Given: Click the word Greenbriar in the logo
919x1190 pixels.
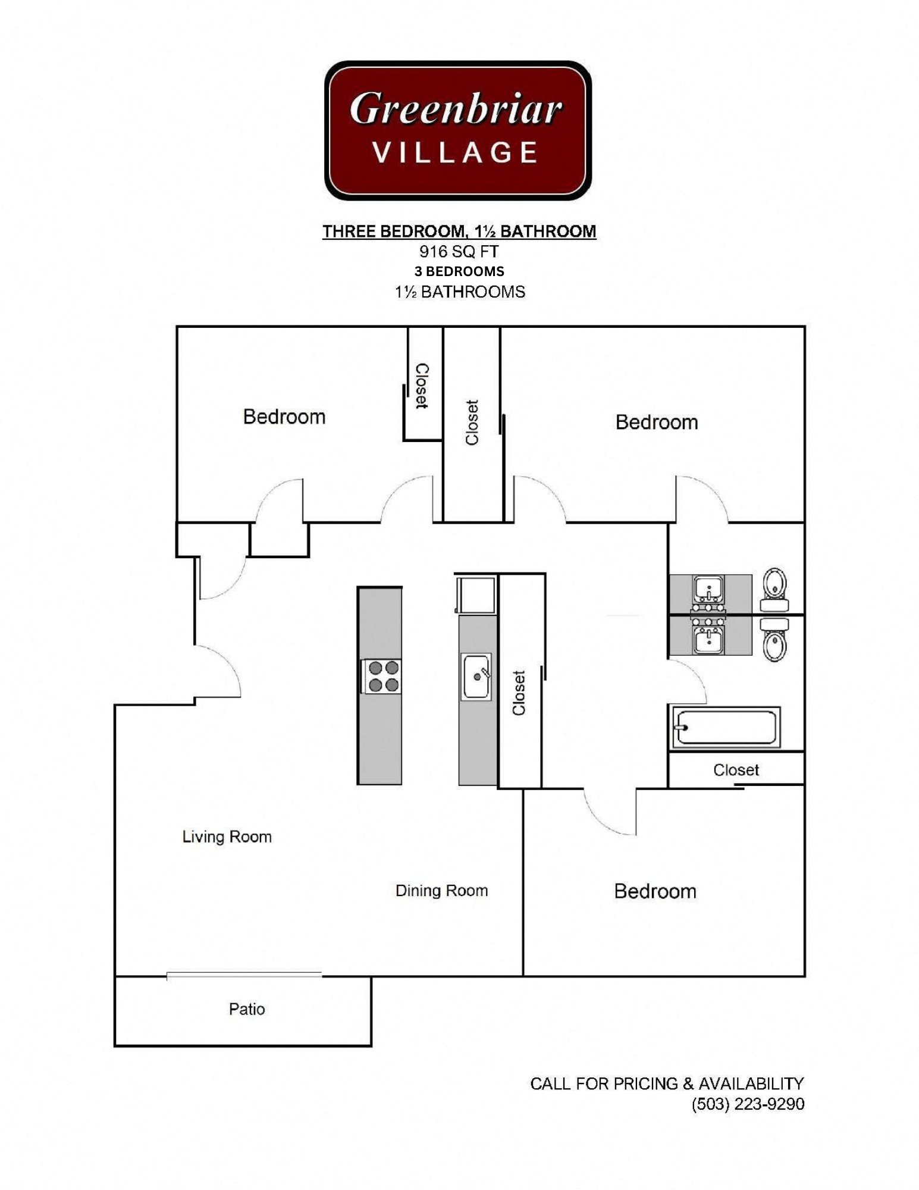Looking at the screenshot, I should click(456, 109).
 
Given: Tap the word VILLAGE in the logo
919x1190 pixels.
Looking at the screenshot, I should click(456, 153).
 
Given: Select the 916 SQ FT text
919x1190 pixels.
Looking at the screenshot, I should click(459, 251).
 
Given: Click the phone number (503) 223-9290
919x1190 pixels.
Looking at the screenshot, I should click(747, 1104).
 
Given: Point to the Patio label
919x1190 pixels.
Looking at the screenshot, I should click(247, 1009).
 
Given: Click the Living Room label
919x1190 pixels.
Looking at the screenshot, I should click(227, 837).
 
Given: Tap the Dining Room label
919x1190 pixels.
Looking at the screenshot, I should click(441, 890).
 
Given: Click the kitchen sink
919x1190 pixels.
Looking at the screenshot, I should click(476, 677).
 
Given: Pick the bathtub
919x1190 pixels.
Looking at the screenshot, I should click(725, 727).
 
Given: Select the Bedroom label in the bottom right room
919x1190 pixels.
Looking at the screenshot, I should click(655, 891).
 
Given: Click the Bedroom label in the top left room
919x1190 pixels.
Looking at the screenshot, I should click(284, 416).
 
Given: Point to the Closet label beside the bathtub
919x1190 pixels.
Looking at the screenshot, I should click(736, 770).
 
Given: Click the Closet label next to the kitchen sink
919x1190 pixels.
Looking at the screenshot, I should click(519, 693).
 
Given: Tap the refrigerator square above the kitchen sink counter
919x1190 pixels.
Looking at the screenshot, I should click(476, 594).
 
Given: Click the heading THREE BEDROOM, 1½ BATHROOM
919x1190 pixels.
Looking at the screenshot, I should click(459, 231).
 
